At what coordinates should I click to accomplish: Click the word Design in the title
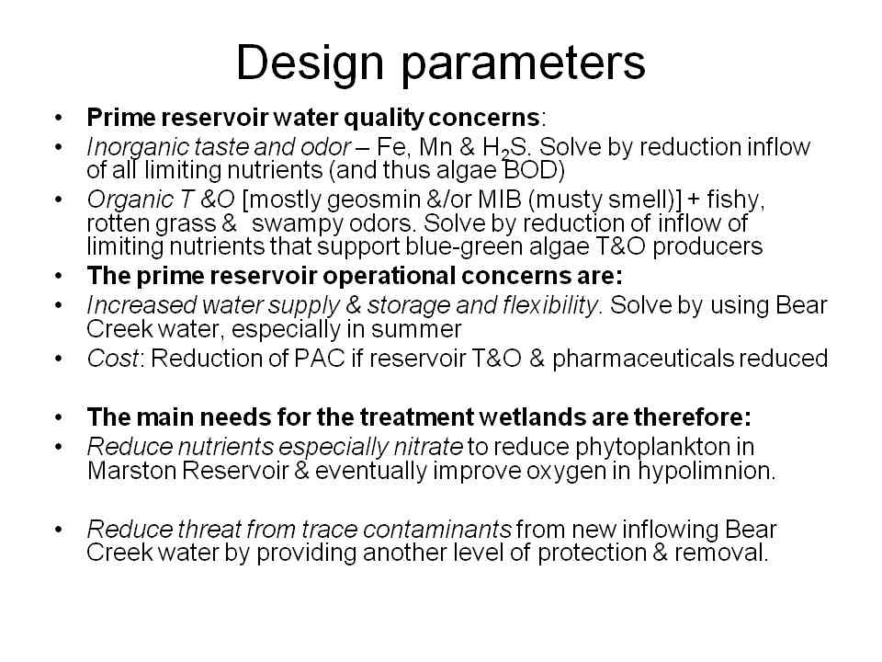pyautogui.click(x=310, y=63)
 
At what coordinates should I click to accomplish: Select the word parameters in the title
pyautogui.click(x=523, y=64)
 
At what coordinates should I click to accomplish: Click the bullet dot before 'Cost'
pyautogui.click(x=59, y=359)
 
